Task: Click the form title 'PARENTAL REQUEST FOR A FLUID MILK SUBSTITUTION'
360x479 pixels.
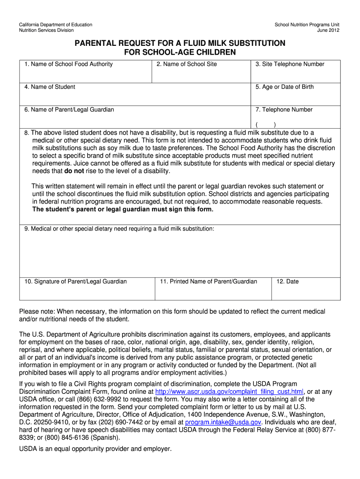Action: click(180, 43)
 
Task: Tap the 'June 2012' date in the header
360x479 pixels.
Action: click(328, 30)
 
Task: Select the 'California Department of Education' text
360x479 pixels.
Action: click(55, 24)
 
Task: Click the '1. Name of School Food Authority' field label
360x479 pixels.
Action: click(69, 64)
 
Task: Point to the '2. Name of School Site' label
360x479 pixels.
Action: click(187, 64)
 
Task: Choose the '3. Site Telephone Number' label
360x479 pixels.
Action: click(290, 64)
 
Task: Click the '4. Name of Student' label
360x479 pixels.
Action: click(50, 87)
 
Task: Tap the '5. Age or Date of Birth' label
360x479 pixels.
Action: click(285, 87)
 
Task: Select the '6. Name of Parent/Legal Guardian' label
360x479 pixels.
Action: click(69, 110)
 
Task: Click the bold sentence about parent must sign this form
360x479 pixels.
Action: click(122, 209)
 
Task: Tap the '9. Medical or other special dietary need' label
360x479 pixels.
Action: click(119, 229)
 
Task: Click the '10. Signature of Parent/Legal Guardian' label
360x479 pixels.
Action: click(76, 282)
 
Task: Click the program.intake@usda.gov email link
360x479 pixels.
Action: click(223, 422)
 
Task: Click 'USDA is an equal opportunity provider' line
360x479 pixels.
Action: click(95, 449)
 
